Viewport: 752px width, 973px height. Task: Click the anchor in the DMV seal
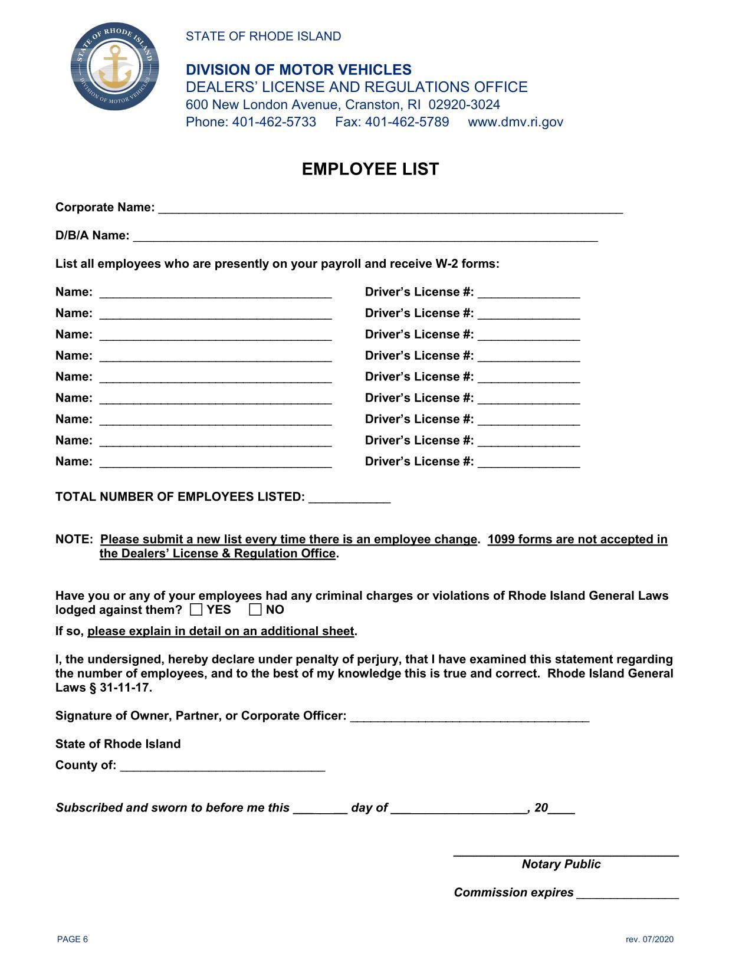click(x=114, y=66)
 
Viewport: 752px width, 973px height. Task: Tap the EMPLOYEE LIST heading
click(x=370, y=169)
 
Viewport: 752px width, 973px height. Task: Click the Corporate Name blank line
click(x=390, y=209)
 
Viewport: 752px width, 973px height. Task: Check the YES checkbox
click(x=196, y=610)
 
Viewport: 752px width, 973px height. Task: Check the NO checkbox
click(x=255, y=610)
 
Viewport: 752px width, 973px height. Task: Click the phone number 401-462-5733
click(x=274, y=122)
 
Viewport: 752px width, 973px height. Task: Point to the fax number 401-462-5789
click(x=407, y=122)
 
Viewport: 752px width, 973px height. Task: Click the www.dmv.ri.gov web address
click(x=515, y=122)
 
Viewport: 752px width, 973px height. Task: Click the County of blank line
click(x=222, y=767)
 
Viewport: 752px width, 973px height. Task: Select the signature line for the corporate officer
click(x=469, y=717)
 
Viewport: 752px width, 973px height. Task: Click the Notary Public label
click(x=561, y=864)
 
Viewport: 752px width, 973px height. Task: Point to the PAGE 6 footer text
click(x=73, y=939)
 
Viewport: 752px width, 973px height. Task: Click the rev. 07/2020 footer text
click(x=649, y=939)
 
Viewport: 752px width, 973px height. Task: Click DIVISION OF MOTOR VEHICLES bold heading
click(x=298, y=70)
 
